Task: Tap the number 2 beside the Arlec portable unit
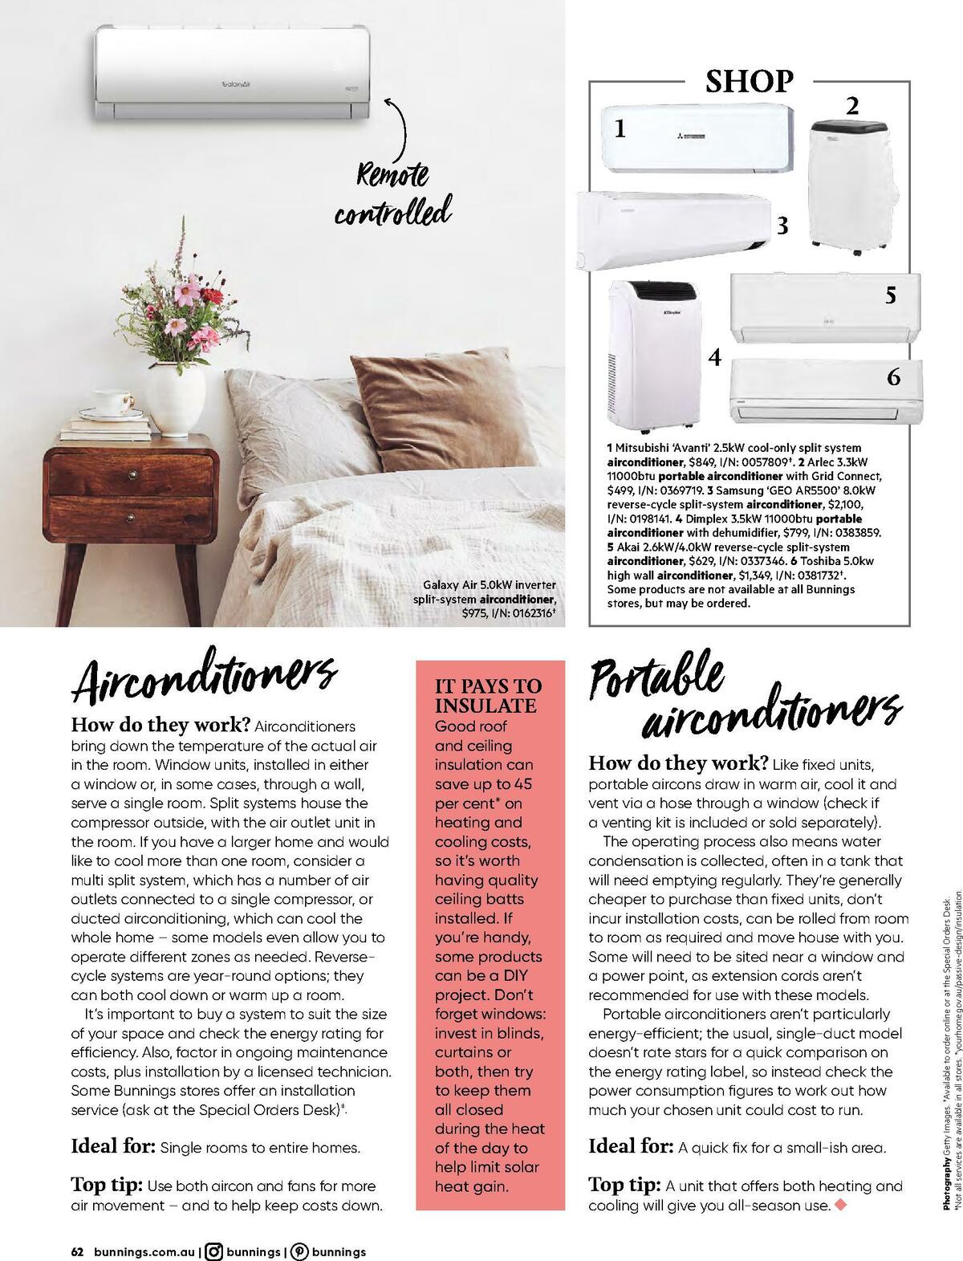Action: click(x=852, y=105)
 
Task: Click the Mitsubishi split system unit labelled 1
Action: click(x=698, y=137)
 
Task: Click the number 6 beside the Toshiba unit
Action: click(x=893, y=376)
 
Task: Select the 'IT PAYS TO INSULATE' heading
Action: click(x=488, y=696)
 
